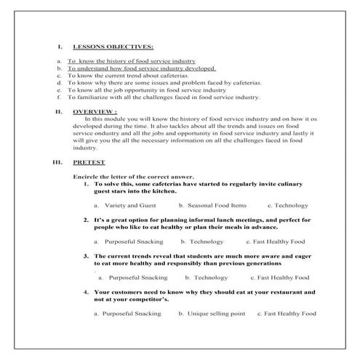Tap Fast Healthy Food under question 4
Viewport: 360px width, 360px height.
coord(289,313)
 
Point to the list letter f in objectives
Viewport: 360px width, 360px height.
coord(59,97)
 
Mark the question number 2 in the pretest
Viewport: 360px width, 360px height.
coord(86,220)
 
